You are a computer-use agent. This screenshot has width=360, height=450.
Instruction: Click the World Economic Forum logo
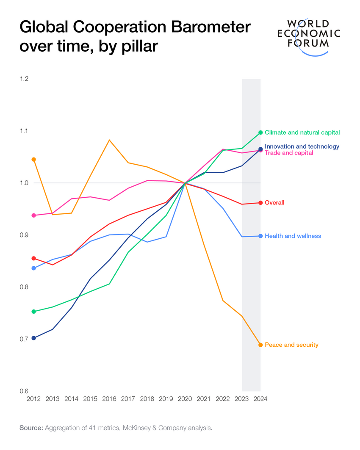[x=308, y=36]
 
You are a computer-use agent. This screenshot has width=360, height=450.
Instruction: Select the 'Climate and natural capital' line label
[x=302, y=133]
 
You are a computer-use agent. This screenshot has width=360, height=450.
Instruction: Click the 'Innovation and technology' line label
[x=302, y=146]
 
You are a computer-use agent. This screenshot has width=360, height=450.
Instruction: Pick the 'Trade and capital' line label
[x=289, y=153]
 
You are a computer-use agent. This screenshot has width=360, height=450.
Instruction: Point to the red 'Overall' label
[x=274, y=203]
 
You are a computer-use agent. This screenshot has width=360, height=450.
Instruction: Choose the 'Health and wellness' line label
[x=293, y=236]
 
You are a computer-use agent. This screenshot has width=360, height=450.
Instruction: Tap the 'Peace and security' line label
[x=291, y=345]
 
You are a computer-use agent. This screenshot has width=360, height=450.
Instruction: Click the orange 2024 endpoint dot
[x=260, y=345]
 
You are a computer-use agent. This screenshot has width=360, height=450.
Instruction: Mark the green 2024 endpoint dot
[x=260, y=133]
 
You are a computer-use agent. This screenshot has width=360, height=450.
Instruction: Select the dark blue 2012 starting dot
[x=34, y=338]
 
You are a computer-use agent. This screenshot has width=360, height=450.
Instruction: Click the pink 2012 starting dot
[x=34, y=215]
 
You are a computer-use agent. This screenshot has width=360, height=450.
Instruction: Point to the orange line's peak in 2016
[x=109, y=140]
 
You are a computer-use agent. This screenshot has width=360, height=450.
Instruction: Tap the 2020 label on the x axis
[x=185, y=399]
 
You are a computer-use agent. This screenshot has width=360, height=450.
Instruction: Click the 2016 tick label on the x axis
[x=109, y=399]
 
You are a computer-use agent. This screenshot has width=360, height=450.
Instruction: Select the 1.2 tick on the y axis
[x=24, y=79]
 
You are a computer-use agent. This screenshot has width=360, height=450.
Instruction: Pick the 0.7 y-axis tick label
[x=24, y=339]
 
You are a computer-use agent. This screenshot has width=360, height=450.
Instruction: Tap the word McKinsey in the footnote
[x=136, y=428]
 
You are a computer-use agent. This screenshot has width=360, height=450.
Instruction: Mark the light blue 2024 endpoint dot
[x=260, y=236]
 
